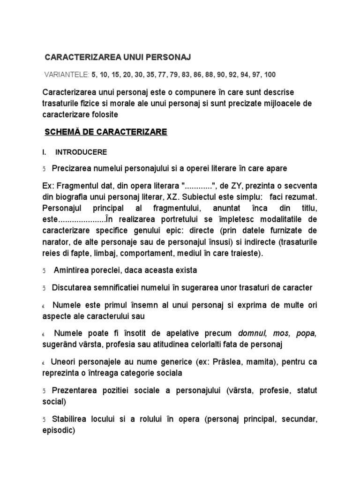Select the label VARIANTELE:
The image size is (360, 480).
[x=66, y=75]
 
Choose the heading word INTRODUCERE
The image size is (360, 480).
[x=81, y=152]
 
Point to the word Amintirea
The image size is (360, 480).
[x=75, y=270]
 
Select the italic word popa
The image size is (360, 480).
[x=307, y=333]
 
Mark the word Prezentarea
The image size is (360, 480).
[x=76, y=390]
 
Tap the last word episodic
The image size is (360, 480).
[x=57, y=431]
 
